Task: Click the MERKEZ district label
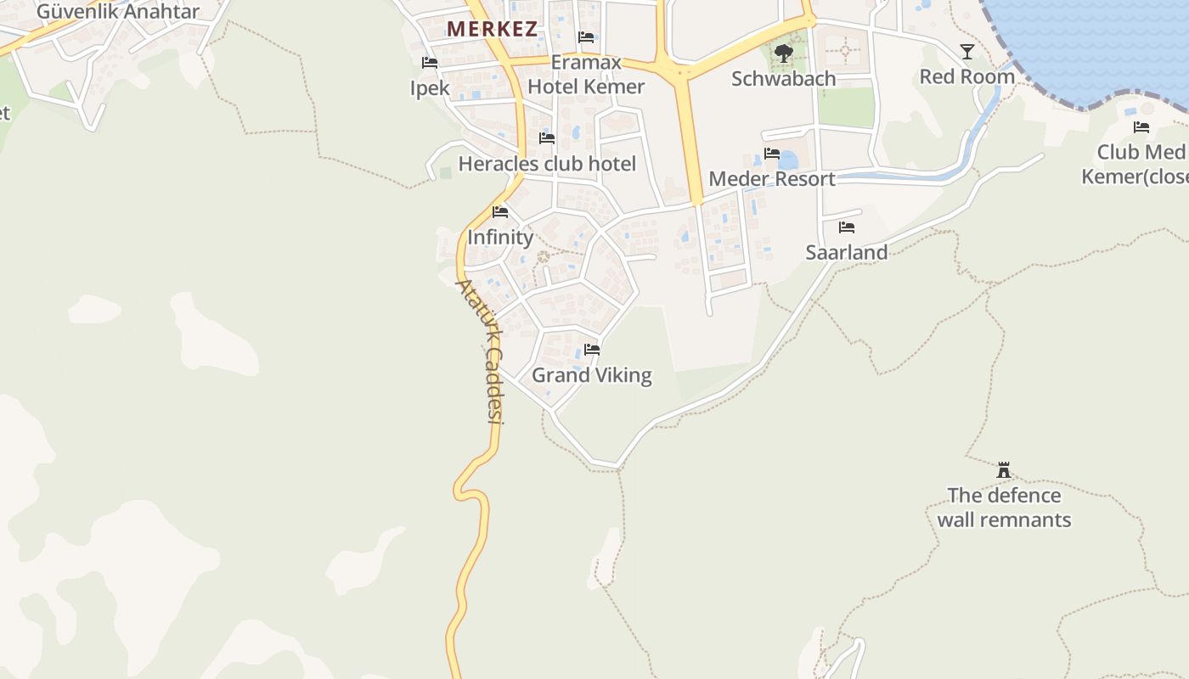[492, 29]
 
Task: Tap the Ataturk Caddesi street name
[481, 351]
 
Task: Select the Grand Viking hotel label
[592, 375]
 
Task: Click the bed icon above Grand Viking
[592, 350]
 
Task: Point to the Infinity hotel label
[500, 238]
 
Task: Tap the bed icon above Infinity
[500, 212]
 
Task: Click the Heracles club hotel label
[547, 164]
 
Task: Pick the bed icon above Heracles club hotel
[547, 138]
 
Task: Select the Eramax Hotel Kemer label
[586, 75]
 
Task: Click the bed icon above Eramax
[586, 37]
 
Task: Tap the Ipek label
[430, 88]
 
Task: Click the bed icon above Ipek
[430, 63]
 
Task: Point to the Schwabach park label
[784, 79]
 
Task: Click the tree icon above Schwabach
[784, 53]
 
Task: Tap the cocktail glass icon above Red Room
[967, 52]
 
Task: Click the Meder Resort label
[772, 179]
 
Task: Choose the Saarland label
[847, 253]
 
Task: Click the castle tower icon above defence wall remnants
[1004, 470]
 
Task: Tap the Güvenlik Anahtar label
[118, 12]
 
